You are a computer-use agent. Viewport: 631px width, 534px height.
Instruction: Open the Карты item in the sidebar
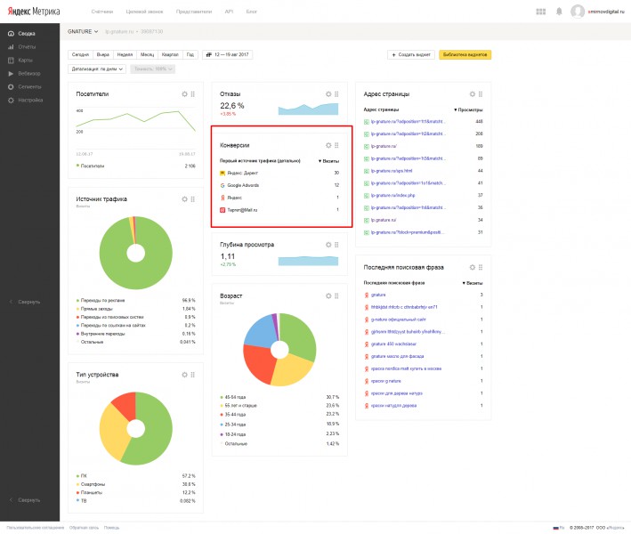(26, 60)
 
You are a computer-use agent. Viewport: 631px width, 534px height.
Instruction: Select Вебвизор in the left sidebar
(28, 73)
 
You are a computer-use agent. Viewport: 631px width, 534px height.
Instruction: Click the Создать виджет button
(411, 54)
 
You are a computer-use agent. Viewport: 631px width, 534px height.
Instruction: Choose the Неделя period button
(125, 54)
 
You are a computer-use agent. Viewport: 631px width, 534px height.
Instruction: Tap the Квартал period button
(169, 54)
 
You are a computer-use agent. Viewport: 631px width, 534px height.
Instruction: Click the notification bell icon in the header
(558, 12)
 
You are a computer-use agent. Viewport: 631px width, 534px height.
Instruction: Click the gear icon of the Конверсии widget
(328, 145)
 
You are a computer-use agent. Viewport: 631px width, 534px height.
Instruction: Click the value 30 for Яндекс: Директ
(336, 173)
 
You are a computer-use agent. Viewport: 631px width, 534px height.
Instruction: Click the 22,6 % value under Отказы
(233, 105)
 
